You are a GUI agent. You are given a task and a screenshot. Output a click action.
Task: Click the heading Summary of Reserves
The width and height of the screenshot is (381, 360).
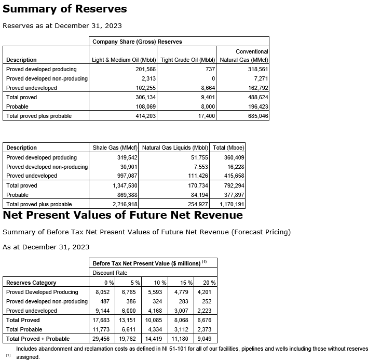click(65, 9)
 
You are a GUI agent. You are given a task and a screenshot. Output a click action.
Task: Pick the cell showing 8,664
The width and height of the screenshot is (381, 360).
click(208, 88)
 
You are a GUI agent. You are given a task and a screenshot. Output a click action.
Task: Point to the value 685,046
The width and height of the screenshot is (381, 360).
click(258, 116)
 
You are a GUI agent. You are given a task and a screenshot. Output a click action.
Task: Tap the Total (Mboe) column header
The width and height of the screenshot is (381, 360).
click(228, 148)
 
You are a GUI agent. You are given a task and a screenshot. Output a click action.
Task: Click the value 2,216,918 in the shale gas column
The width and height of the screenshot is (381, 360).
click(125, 204)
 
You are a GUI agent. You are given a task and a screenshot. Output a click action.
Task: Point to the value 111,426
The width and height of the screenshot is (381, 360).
click(197, 176)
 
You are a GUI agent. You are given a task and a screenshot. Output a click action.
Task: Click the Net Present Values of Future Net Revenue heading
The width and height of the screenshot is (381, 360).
click(123, 215)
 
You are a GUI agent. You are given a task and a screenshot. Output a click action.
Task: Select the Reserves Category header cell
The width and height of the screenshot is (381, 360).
click(31, 283)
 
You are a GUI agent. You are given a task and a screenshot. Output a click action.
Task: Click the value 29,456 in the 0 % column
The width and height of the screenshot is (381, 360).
click(102, 339)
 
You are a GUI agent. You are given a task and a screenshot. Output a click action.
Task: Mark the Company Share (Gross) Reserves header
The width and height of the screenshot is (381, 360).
click(137, 42)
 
